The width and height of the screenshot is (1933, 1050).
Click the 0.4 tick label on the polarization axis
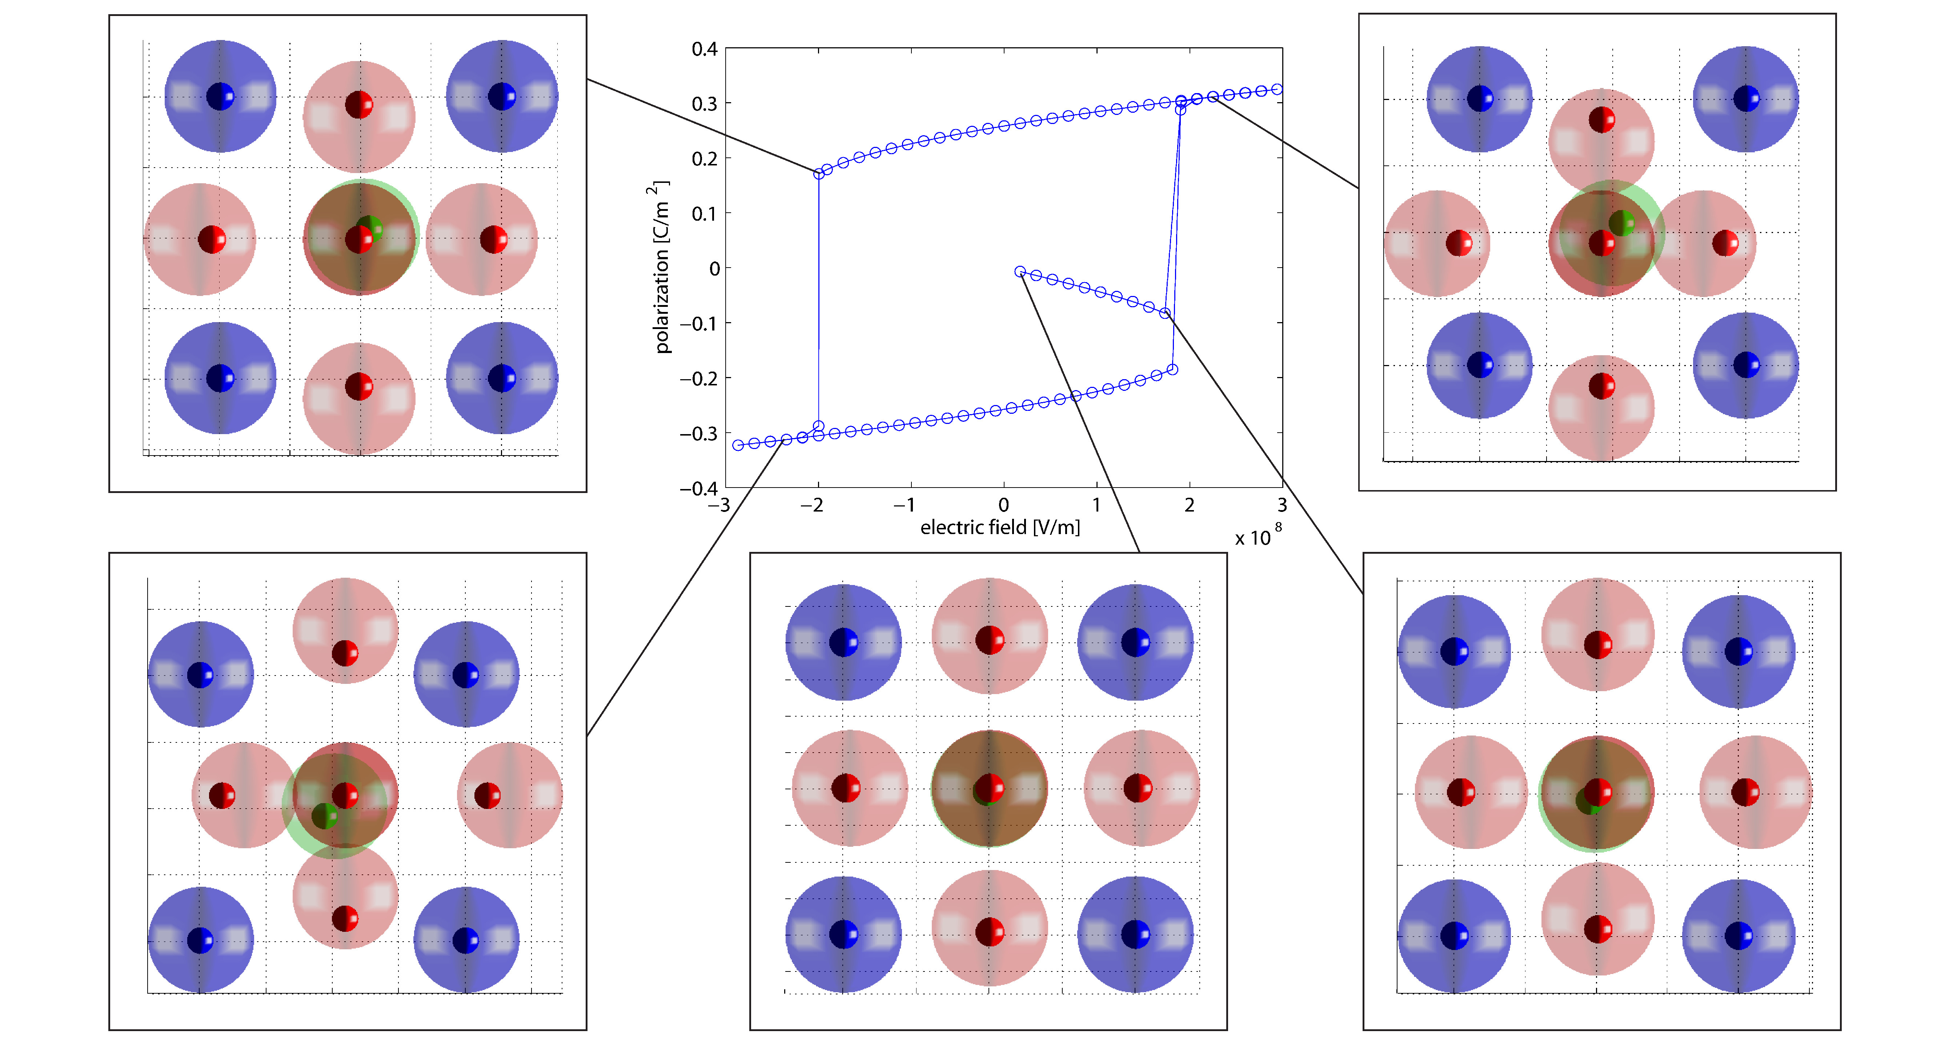pos(704,49)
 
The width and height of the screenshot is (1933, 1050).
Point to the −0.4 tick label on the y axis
pos(698,489)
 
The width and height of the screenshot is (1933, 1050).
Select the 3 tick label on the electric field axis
pos(1282,505)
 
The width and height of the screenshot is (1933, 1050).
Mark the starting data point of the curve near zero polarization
pos(1020,272)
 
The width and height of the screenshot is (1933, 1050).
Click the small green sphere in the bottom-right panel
pos(1586,802)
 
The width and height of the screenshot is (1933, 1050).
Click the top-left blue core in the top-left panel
pos(220,96)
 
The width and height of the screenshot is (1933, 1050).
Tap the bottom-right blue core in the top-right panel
pos(1746,365)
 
